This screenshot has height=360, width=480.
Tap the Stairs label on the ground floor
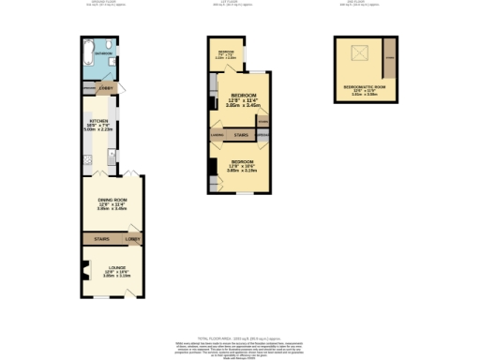click(x=101, y=240)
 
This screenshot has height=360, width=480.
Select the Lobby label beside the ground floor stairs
click(x=132, y=240)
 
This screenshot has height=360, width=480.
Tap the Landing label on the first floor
click(x=217, y=136)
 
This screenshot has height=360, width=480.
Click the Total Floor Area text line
click(x=241, y=336)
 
